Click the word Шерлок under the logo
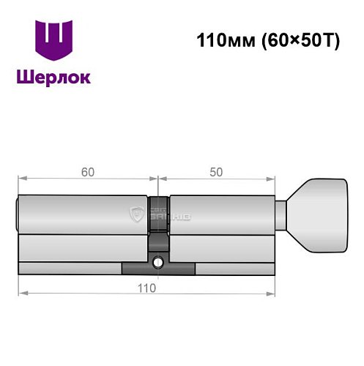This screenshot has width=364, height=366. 54,77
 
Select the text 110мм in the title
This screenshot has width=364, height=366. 220,41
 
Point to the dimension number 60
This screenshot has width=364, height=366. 88,173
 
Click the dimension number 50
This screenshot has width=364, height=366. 216,173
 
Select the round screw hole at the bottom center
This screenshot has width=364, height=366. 158,261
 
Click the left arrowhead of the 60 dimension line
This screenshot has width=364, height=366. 21,177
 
